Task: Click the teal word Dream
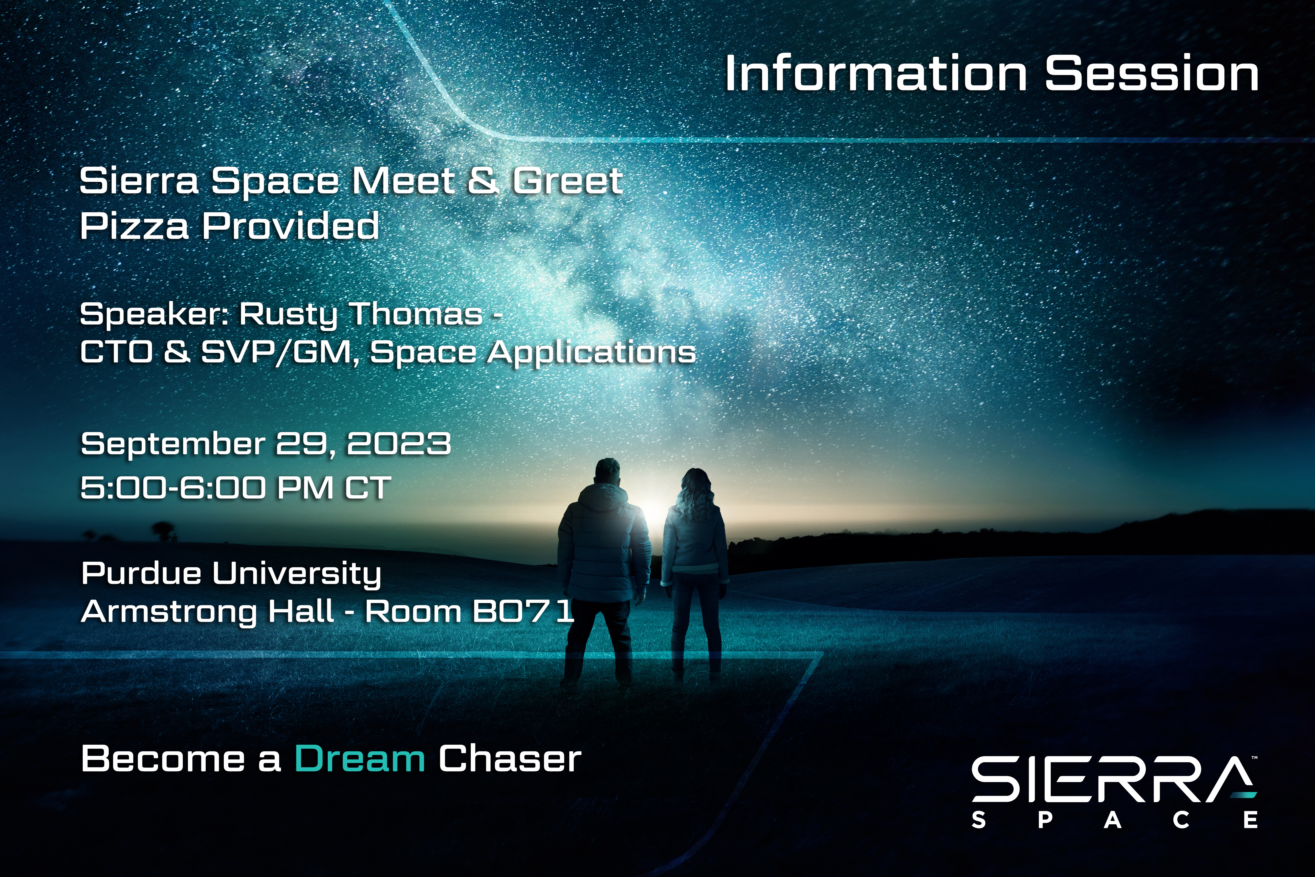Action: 360,759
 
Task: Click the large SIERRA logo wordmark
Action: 1114,779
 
